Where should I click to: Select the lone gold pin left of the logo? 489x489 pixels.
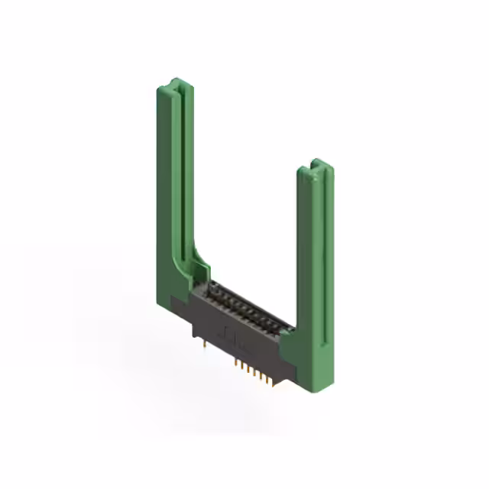[202, 345]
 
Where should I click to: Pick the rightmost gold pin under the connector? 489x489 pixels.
[272, 381]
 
